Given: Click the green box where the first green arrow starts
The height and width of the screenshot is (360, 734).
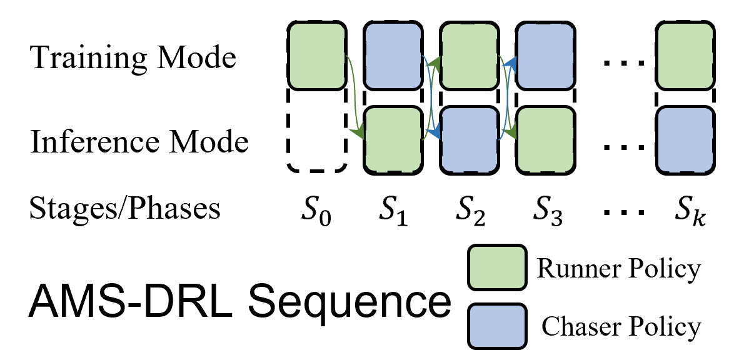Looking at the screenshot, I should point(317,56).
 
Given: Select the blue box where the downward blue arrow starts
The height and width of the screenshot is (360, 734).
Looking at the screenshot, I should point(393,56).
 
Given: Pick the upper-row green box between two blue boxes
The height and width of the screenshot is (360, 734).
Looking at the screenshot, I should point(469,56).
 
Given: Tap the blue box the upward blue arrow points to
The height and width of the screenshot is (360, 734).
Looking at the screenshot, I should point(545,56).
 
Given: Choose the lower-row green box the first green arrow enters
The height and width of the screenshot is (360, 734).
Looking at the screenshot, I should point(393,139).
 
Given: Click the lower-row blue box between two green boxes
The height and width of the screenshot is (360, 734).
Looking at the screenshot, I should point(469,139).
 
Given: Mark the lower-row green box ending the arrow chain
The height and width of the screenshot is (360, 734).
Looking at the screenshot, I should point(545,139).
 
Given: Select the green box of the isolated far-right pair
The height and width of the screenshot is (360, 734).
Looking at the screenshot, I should point(685,56).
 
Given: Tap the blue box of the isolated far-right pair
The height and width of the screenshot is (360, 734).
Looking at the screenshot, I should point(685,139).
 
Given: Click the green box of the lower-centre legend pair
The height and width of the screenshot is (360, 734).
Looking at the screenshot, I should point(497,267).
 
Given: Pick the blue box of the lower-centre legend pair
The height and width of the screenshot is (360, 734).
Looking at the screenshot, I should point(497,326).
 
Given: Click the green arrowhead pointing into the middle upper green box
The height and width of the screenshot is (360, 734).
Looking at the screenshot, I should point(436,62).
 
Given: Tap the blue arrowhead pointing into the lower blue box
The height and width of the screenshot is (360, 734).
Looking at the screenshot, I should point(435,132).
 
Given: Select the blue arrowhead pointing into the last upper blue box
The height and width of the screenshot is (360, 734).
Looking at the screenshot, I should point(510,62).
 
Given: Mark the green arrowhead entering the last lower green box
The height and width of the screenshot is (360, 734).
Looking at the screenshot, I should point(511,132).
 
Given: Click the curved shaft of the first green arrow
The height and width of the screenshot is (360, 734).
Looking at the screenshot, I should point(354,94).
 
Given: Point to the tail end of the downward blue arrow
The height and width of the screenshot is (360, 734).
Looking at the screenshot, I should point(423,56).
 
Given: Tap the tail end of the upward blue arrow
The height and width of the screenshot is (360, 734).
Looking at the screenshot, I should point(499,139).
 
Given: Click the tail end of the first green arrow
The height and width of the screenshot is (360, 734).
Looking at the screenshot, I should point(346,56).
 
